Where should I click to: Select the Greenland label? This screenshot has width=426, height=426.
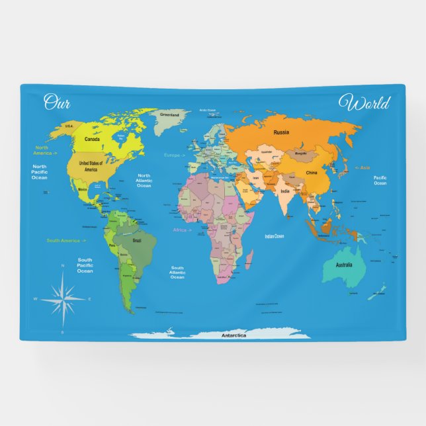pos(169,114)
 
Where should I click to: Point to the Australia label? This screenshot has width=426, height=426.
pos(343,265)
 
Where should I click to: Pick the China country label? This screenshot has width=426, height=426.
pos(311,173)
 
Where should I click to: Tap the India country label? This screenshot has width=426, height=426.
pos(284,191)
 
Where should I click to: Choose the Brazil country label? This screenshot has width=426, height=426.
pos(137,240)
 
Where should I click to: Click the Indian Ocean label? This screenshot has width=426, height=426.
pos(274,236)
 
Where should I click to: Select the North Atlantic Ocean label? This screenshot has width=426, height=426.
pos(144,181)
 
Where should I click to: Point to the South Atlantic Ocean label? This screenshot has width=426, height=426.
pos(177,272)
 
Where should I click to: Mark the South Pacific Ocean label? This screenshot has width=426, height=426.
pos(85,265)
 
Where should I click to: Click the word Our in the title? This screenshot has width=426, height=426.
pos(57,103)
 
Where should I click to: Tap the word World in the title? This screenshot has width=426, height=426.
pos(364,103)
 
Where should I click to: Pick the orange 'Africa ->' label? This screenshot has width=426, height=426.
pos(182,230)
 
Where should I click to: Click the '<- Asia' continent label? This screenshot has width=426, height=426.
pos(363,168)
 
